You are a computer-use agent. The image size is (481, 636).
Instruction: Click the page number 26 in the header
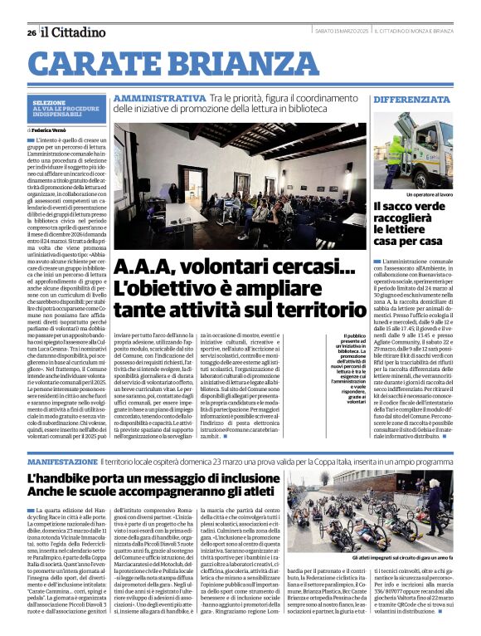point(31,32)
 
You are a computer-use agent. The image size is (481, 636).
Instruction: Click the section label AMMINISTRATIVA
point(159,99)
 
